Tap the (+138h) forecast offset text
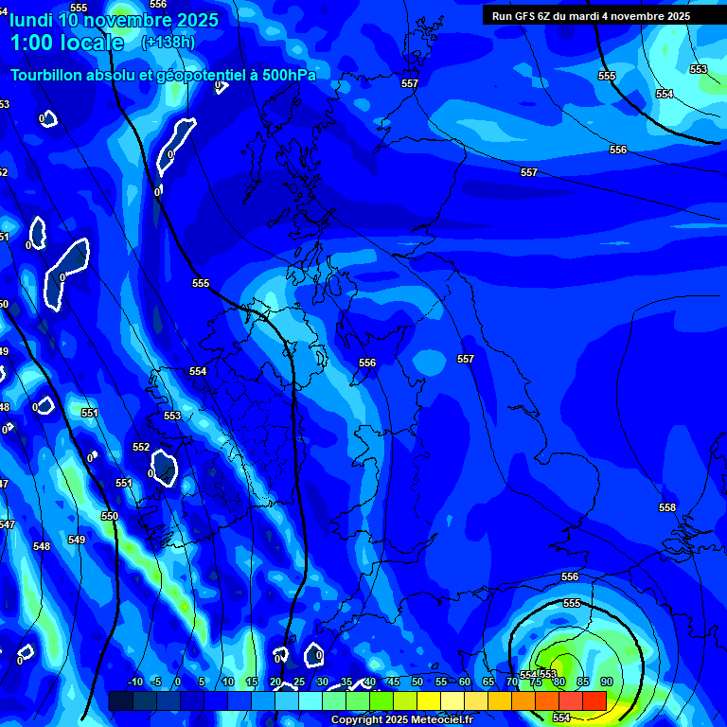(x=168, y=43)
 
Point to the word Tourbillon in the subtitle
(x=48, y=76)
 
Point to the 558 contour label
(x=667, y=508)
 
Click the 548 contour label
(x=42, y=546)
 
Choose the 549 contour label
(x=77, y=541)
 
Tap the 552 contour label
(x=141, y=447)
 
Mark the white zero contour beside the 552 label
(x=166, y=467)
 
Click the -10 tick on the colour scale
(x=134, y=682)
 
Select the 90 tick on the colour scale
(x=606, y=682)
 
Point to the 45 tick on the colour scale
(x=394, y=682)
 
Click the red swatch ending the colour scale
(x=594, y=700)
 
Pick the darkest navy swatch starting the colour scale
(x=120, y=700)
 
